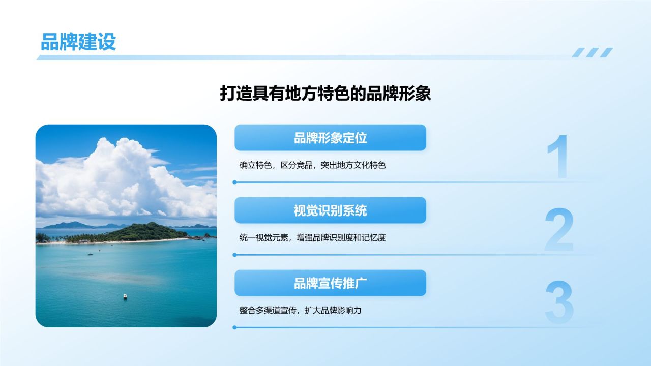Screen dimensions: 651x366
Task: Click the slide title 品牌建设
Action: [78, 42]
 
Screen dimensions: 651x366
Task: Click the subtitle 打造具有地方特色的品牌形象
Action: [325, 93]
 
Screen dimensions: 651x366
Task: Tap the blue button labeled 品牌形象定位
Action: [330, 138]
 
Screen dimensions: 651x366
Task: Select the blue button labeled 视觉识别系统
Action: [330, 210]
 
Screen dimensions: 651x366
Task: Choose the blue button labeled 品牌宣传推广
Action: [330, 283]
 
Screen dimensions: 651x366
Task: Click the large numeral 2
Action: [559, 229]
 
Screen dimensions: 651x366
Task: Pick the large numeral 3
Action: [559, 302]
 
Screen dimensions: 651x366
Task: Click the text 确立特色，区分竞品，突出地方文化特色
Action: [312, 165]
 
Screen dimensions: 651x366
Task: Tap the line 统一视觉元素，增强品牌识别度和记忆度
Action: [312, 237]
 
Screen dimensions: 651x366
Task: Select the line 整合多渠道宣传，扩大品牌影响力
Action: [300, 310]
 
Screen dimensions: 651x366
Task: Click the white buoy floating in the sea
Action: [125, 296]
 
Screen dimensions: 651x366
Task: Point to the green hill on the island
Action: [145, 231]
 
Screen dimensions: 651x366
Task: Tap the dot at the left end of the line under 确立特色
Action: [234, 182]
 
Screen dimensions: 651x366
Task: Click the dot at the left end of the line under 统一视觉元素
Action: [234, 255]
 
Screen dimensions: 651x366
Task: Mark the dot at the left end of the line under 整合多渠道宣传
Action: [234, 327]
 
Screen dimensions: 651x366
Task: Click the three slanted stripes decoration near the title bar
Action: [593, 52]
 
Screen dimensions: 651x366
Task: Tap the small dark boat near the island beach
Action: [90, 254]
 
